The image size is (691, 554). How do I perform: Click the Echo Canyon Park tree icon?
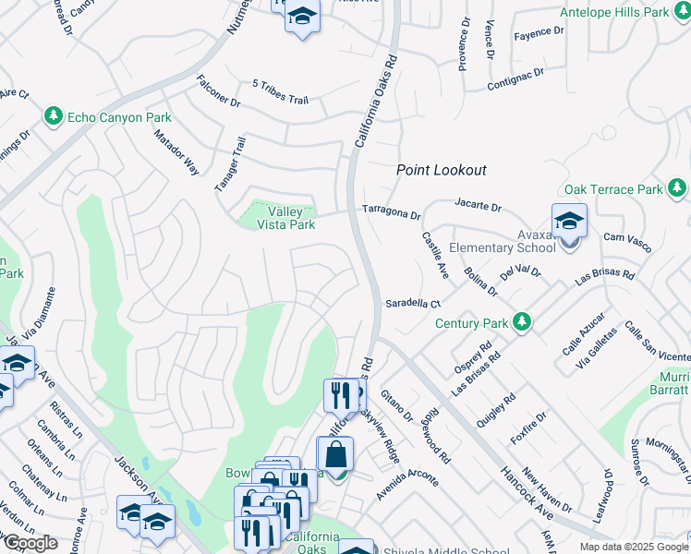pyautogui.click(x=54, y=117)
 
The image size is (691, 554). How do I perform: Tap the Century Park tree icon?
pyautogui.click(x=523, y=322)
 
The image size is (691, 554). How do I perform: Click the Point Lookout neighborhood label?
pyautogui.click(x=441, y=170)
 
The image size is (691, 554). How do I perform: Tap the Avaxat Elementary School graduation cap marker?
pyautogui.click(x=568, y=223)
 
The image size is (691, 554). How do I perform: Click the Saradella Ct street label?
pyautogui.click(x=413, y=302)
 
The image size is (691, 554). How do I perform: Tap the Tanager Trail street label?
pyautogui.click(x=231, y=164)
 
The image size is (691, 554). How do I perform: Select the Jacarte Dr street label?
pyautogui.click(x=478, y=204)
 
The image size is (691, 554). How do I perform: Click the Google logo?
pyautogui.click(x=30, y=543)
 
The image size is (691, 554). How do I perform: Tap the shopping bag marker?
pyautogui.click(x=334, y=456)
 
